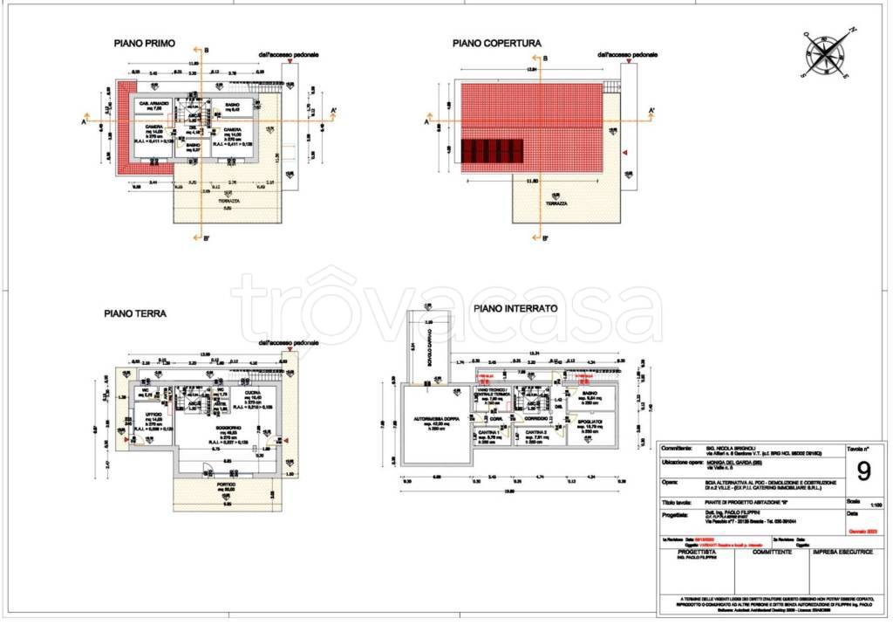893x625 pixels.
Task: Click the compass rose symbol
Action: click(826, 52)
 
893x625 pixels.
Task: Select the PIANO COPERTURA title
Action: click(496, 43)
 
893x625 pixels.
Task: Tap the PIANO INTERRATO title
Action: click(515, 309)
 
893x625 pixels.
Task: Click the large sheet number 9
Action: click(863, 471)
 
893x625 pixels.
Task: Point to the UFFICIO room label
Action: click(154, 415)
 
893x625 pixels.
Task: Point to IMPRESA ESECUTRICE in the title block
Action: click(843, 553)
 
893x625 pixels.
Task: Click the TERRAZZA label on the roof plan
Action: click(556, 203)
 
